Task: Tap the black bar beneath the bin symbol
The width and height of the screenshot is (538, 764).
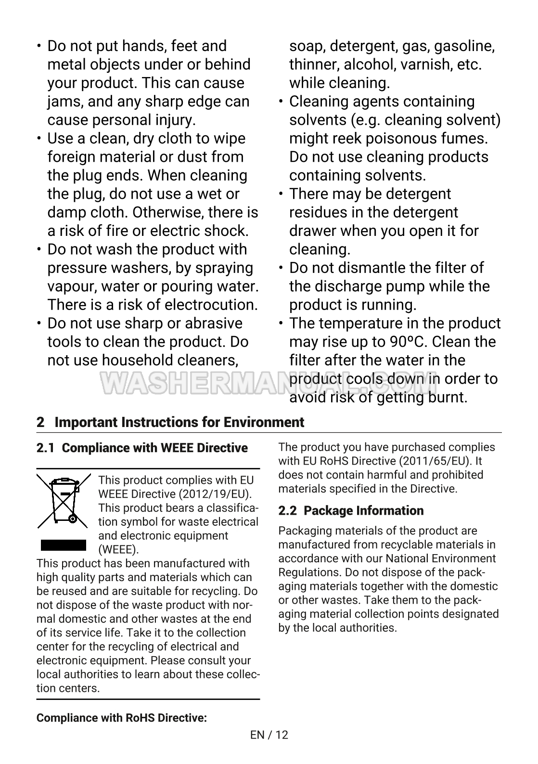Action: (x=63, y=544)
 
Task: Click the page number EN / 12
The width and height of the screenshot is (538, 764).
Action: (x=269, y=735)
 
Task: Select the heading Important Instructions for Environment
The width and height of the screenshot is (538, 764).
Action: (x=179, y=422)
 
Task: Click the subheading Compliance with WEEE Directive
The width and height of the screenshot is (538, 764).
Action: (x=154, y=448)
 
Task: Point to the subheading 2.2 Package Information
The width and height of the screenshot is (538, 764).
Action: (x=351, y=510)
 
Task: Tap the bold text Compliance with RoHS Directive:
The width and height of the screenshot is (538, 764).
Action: (x=122, y=718)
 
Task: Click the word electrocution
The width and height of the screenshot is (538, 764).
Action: (x=211, y=305)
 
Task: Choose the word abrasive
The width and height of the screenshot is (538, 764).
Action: (x=212, y=324)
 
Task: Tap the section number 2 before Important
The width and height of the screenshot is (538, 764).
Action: (x=40, y=422)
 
